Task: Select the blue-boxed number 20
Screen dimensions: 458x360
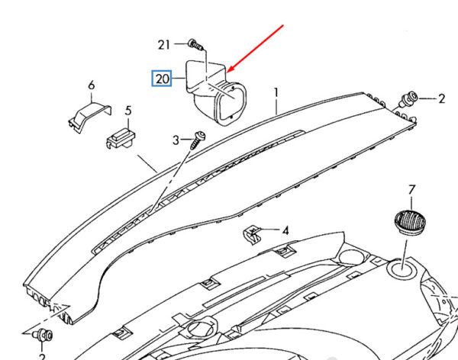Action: pos(162,79)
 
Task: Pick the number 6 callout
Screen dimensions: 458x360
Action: pos(91,85)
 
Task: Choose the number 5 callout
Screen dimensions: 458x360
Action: pos(129,111)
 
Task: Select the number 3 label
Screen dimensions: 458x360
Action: pos(175,140)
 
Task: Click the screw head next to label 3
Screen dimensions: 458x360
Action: pos(201,136)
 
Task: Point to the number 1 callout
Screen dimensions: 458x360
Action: pos(276,93)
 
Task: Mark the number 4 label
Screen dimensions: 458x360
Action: pos(285,230)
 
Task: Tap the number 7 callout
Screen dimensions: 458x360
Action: pos(411,188)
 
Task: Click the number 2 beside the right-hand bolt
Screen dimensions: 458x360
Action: pos(441,98)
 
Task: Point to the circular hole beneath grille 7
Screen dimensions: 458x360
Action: pos(402,268)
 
